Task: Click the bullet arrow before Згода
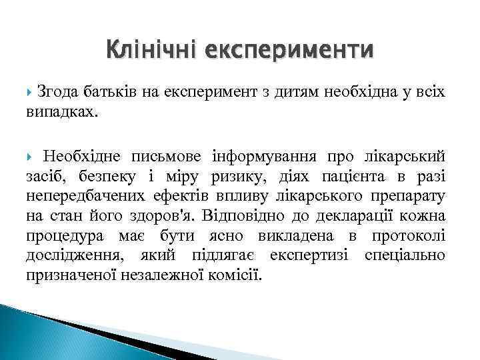tap(31, 91)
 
